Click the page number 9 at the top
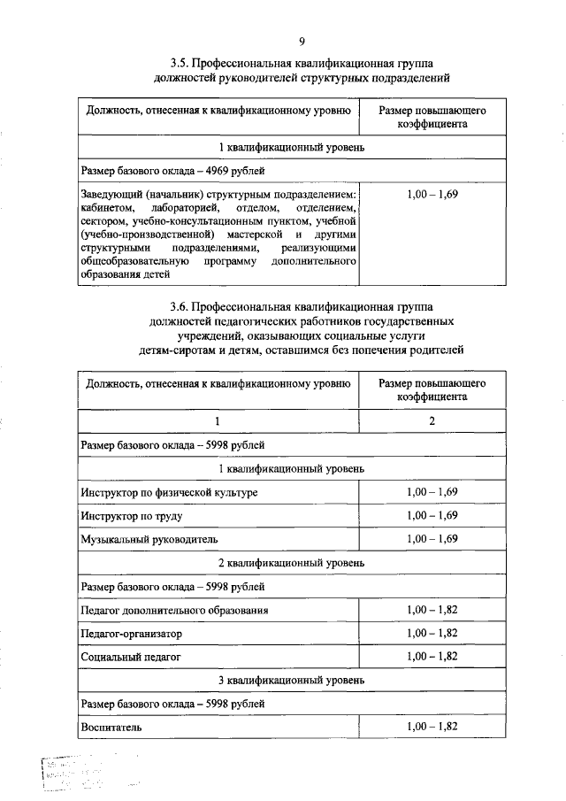[302, 40]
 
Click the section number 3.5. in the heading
[183, 65]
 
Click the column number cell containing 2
[432, 421]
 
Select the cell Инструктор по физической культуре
[170, 491]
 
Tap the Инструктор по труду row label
[131, 515]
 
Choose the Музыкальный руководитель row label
[148, 539]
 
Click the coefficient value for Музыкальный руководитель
[432, 538]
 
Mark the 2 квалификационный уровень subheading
[292, 562]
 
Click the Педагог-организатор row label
[130, 634]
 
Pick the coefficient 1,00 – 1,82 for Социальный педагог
[432, 656]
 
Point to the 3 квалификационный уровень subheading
[292, 680]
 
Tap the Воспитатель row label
[111, 727]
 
